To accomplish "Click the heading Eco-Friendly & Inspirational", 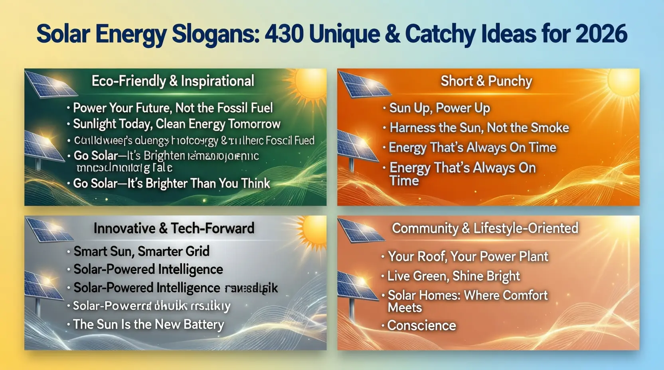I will coord(173,81).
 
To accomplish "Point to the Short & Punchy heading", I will coord(486,81).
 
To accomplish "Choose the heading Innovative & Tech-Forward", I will coord(174,228).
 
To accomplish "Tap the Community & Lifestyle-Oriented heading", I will coord(485,228).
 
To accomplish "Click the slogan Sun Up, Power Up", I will coord(439,108).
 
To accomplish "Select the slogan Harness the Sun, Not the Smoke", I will coord(479,128).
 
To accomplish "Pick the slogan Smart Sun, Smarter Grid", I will coord(141,251).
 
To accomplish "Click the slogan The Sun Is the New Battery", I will coord(148,325).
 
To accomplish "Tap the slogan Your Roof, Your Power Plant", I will coord(468,256).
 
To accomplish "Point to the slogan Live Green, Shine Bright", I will coord(454,276).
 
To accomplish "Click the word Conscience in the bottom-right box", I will coord(421,325).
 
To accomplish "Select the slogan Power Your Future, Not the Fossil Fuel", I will coord(173,108).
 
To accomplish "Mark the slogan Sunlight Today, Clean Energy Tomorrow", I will coord(176,124).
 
